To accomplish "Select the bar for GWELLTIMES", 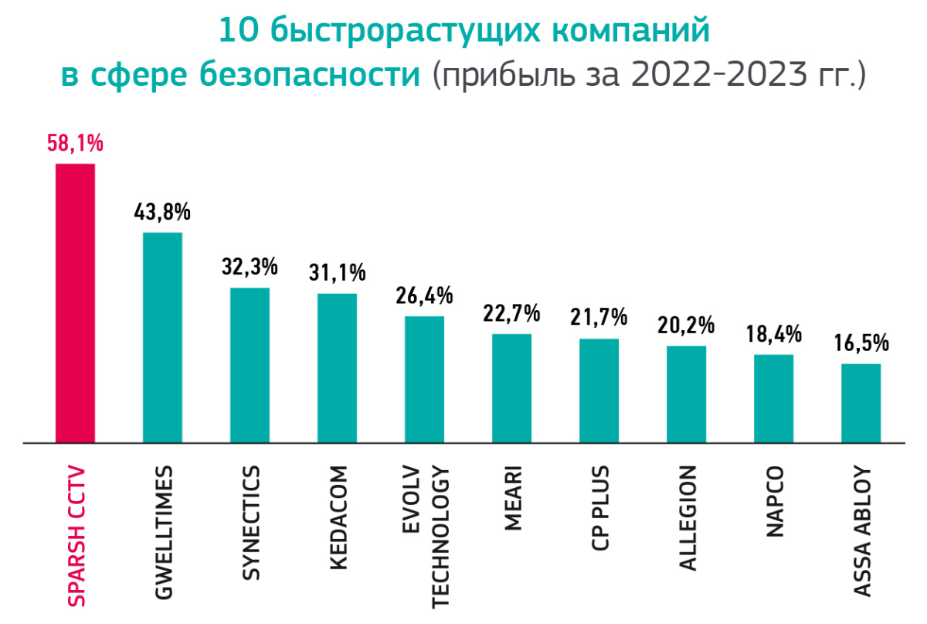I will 162,337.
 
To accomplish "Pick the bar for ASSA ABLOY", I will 861,403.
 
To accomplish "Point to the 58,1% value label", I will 75,145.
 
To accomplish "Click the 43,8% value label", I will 162,213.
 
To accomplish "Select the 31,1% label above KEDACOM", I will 337,273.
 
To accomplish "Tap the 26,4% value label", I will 424,296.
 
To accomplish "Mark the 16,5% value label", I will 861,343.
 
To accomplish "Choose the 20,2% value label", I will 686,326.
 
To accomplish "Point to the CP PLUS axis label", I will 599,507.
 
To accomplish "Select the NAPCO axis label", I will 775,502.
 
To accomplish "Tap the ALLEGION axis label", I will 688,517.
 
